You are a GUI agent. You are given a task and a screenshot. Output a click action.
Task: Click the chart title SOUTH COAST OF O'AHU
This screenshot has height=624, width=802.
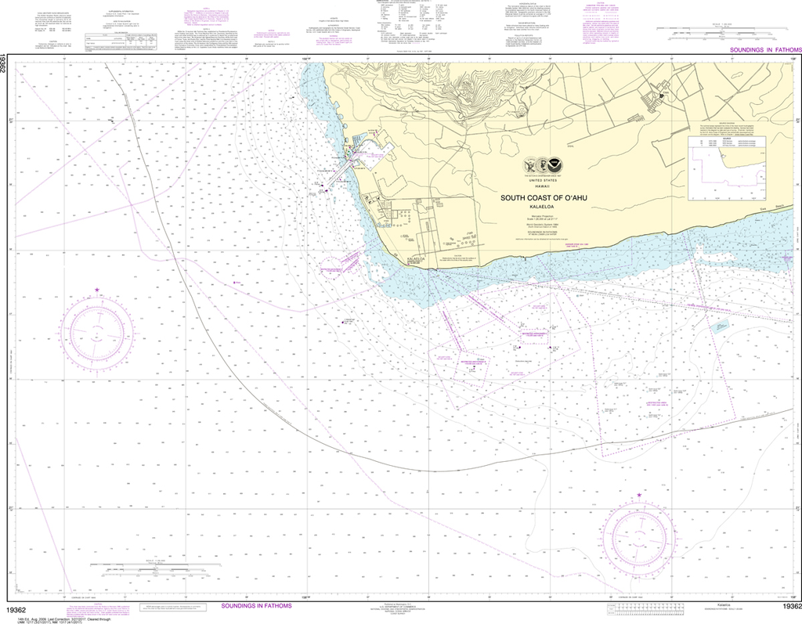[544, 198]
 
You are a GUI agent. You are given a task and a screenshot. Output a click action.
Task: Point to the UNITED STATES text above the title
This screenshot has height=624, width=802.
[542, 180]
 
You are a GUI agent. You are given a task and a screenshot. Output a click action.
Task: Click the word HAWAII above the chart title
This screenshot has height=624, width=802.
[542, 186]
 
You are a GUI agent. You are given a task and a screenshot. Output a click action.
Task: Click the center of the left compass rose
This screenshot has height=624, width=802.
[97, 332]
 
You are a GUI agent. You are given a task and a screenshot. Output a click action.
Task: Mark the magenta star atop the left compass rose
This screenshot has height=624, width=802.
[97, 291]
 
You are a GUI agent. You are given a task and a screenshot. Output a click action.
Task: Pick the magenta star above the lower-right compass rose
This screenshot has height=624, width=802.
[640, 495]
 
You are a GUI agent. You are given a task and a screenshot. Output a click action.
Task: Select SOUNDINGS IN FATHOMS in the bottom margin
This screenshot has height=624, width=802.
[256, 606]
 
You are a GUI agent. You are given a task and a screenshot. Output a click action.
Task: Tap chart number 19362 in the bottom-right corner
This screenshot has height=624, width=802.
[789, 607]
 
